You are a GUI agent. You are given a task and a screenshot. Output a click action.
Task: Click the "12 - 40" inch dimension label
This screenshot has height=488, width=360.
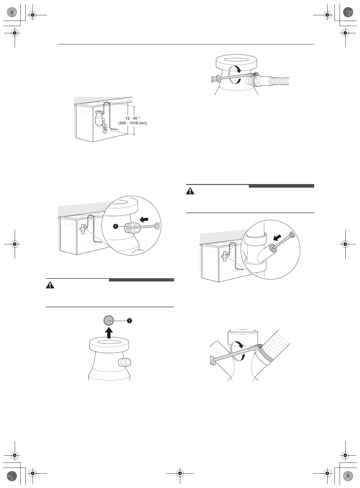(x=132, y=118)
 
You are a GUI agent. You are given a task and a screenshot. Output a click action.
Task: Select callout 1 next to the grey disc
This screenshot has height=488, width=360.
(x=129, y=321)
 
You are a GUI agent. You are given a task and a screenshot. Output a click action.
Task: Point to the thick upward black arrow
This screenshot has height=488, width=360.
(x=109, y=333)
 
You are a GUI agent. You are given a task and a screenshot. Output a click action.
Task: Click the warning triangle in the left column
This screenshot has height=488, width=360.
(x=50, y=285)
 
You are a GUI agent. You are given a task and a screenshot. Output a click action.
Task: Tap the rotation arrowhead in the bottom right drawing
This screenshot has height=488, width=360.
(x=241, y=346)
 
